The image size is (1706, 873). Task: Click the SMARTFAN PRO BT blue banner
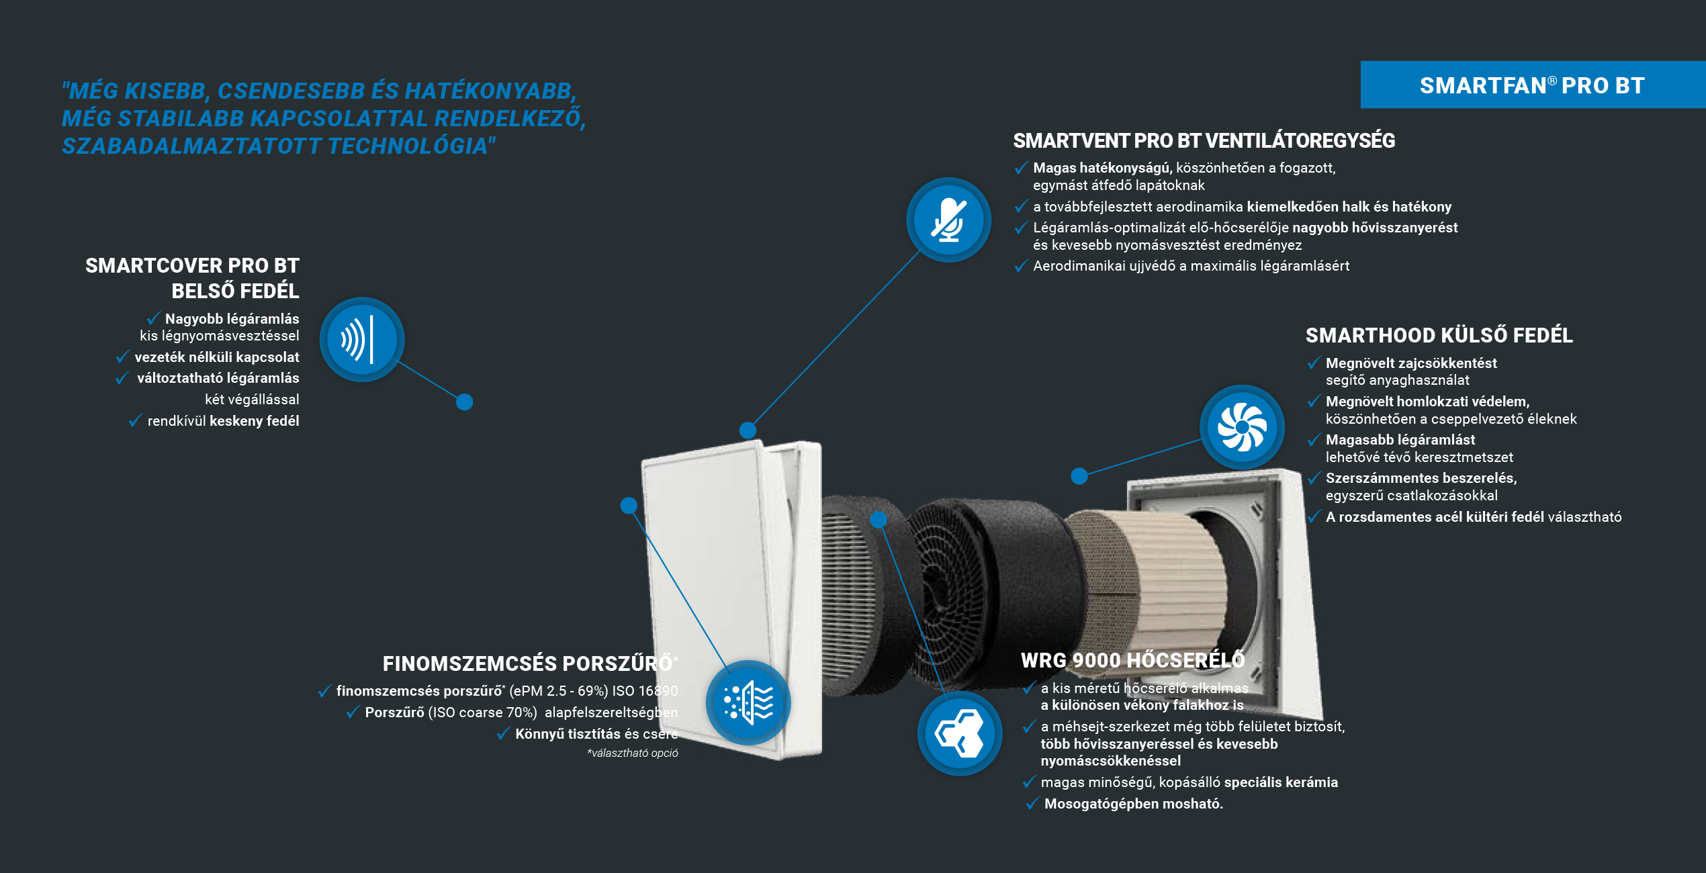[1533, 85]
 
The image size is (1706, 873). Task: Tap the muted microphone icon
[948, 220]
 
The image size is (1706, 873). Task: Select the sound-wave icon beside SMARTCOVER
[362, 339]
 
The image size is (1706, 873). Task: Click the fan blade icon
[1242, 426]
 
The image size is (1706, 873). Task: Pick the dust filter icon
[748, 702]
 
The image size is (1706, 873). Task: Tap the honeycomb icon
[960, 733]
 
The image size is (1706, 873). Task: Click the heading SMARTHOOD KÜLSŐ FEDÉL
[1439, 335]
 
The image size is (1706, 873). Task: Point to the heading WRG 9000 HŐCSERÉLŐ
[1133, 660]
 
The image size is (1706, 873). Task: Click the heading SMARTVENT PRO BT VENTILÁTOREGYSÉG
[1204, 141]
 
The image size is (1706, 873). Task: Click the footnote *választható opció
[633, 753]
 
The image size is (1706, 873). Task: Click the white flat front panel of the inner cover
[712, 591]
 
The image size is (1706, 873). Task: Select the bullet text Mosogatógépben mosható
[1134, 804]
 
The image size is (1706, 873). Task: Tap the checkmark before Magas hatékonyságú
[1021, 167]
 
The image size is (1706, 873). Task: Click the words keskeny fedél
[255, 421]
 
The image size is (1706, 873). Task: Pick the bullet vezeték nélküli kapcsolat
[217, 357]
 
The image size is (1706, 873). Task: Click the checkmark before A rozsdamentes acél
[1314, 516]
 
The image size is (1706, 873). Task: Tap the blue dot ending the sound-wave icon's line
[464, 402]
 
